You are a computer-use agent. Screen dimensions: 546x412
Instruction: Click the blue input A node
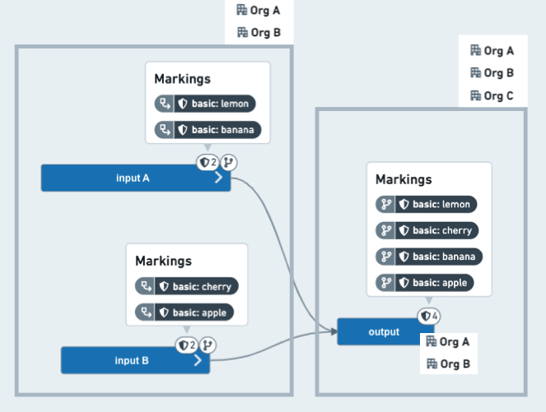click(136, 178)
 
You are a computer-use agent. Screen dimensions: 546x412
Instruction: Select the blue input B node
click(135, 360)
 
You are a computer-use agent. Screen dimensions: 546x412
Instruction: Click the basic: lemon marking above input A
click(205, 104)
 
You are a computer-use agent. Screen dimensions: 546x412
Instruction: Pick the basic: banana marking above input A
click(208, 130)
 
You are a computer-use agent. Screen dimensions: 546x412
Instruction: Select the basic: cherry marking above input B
click(187, 286)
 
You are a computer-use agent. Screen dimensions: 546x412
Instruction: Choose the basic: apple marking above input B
click(184, 312)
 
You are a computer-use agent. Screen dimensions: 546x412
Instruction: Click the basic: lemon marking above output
click(427, 204)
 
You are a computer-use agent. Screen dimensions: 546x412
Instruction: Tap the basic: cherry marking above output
click(427, 230)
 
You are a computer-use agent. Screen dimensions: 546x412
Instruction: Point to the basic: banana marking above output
click(429, 257)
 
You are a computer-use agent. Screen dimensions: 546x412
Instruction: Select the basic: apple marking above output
click(425, 283)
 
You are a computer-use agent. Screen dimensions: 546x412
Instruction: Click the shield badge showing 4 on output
click(429, 316)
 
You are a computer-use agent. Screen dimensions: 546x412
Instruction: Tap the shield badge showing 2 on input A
click(208, 162)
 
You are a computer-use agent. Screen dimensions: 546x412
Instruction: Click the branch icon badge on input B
click(208, 345)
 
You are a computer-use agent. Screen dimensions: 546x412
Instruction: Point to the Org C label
click(492, 95)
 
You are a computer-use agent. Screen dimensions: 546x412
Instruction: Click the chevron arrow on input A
click(218, 178)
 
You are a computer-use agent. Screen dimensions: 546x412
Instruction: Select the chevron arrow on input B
click(198, 360)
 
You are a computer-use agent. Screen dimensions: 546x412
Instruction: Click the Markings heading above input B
click(163, 262)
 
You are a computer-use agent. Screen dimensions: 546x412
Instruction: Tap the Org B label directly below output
click(449, 364)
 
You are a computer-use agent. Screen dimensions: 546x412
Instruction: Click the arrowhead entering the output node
click(334, 331)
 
